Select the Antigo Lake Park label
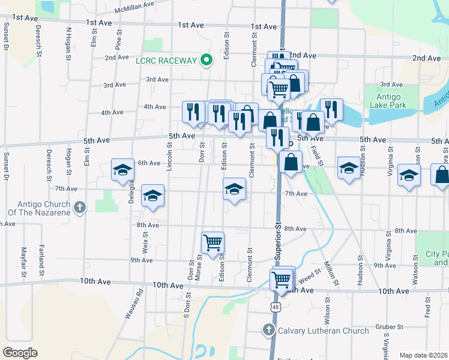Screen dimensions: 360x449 [x=391, y=101]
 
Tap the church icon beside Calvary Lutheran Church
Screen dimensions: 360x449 [x=268, y=331]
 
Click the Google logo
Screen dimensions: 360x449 [x=20, y=352]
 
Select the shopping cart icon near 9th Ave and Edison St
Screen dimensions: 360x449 [x=213, y=242]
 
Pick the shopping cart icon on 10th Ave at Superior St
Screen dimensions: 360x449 [x=282, y=279]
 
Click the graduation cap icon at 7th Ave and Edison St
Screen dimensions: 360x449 [x=234, y=190]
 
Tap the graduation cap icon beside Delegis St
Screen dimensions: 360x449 [x=122, y=170]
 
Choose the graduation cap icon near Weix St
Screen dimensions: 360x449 [x=152, y=196]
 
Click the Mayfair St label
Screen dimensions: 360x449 [x=25, y=262]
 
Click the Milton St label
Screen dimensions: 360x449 [x=329, y=265]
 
